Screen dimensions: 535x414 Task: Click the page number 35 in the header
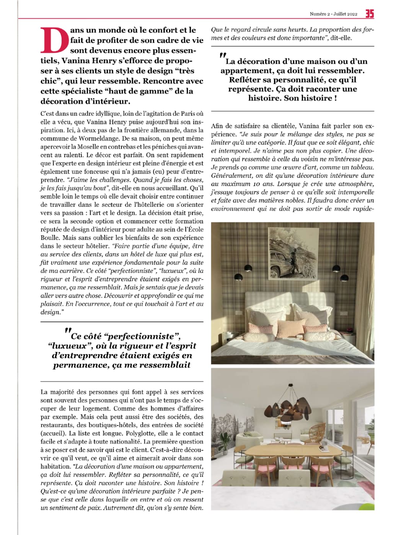coord(369,14)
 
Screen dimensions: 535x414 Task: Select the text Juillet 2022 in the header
coord(345,14)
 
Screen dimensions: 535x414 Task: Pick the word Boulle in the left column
coord(50,238)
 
